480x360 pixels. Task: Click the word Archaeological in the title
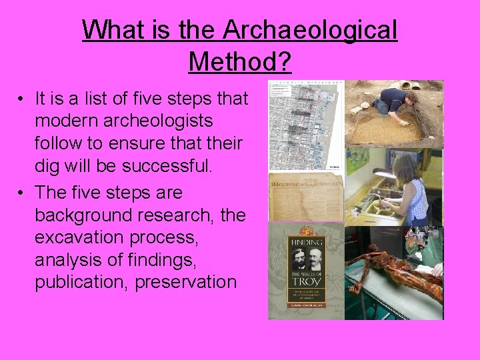point(311,30)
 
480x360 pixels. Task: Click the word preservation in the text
point(185,282)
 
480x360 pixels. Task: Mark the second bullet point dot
point(22,193)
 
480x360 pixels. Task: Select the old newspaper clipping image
point(305,197)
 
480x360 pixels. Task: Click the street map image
point(305,127)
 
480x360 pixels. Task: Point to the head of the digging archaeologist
point(411,100)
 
